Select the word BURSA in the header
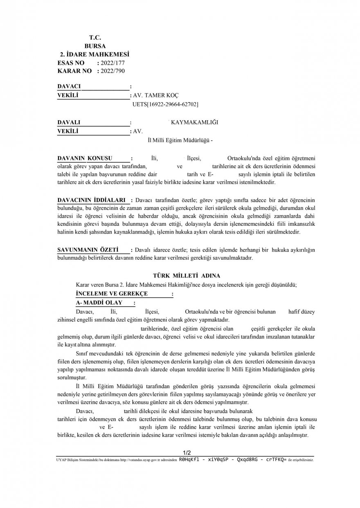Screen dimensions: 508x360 click(x=95, y=46)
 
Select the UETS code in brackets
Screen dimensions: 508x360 click(x=165, y=105)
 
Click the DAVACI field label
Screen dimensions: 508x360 click(x=69, y=86)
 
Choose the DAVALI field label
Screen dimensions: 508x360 click(x=69, y=122)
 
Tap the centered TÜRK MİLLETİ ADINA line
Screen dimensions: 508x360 click(x=186, y=276)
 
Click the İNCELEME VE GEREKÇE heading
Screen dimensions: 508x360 click(x=112, y=294)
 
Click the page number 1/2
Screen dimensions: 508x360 click(x=187, y=452)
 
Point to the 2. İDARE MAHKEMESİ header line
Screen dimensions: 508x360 click(x=94, y=54)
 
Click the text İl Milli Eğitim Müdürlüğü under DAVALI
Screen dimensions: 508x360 click(x=180, y=140)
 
